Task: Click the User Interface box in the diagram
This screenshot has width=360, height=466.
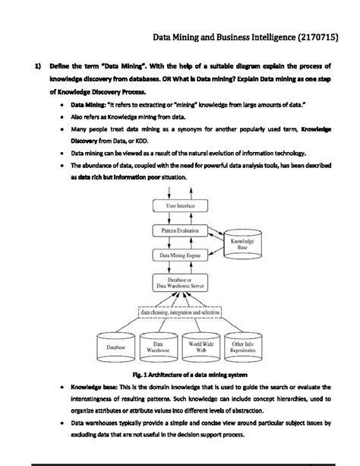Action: click(181, 206)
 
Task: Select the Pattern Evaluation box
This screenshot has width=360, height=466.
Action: click(181, 230)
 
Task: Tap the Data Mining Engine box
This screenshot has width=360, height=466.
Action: click(181, 256)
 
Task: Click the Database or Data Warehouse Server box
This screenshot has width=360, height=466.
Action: click(181, 284)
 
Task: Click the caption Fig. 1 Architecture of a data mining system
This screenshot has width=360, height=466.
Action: click(179, 375)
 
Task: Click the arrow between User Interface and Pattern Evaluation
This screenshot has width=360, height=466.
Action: click(181, 217)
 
